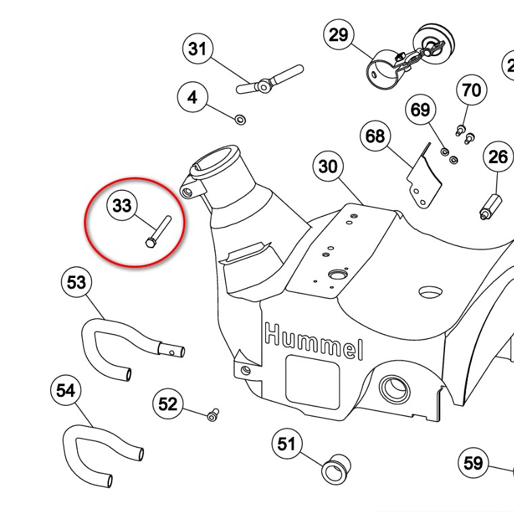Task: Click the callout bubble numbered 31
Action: point(197,49)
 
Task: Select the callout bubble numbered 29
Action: point(338,34)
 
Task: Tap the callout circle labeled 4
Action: point(193,97)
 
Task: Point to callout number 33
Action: point(122,205)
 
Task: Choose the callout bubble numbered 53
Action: point(76,281)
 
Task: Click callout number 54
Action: point(66,390)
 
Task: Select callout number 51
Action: point(287,444)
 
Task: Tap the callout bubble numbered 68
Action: point(375,136)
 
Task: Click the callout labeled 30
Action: point(327,166)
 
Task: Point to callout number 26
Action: point(498,157)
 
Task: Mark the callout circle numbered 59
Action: point(473,463)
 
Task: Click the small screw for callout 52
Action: point(213,413)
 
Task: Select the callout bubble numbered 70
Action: point(471,90)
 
